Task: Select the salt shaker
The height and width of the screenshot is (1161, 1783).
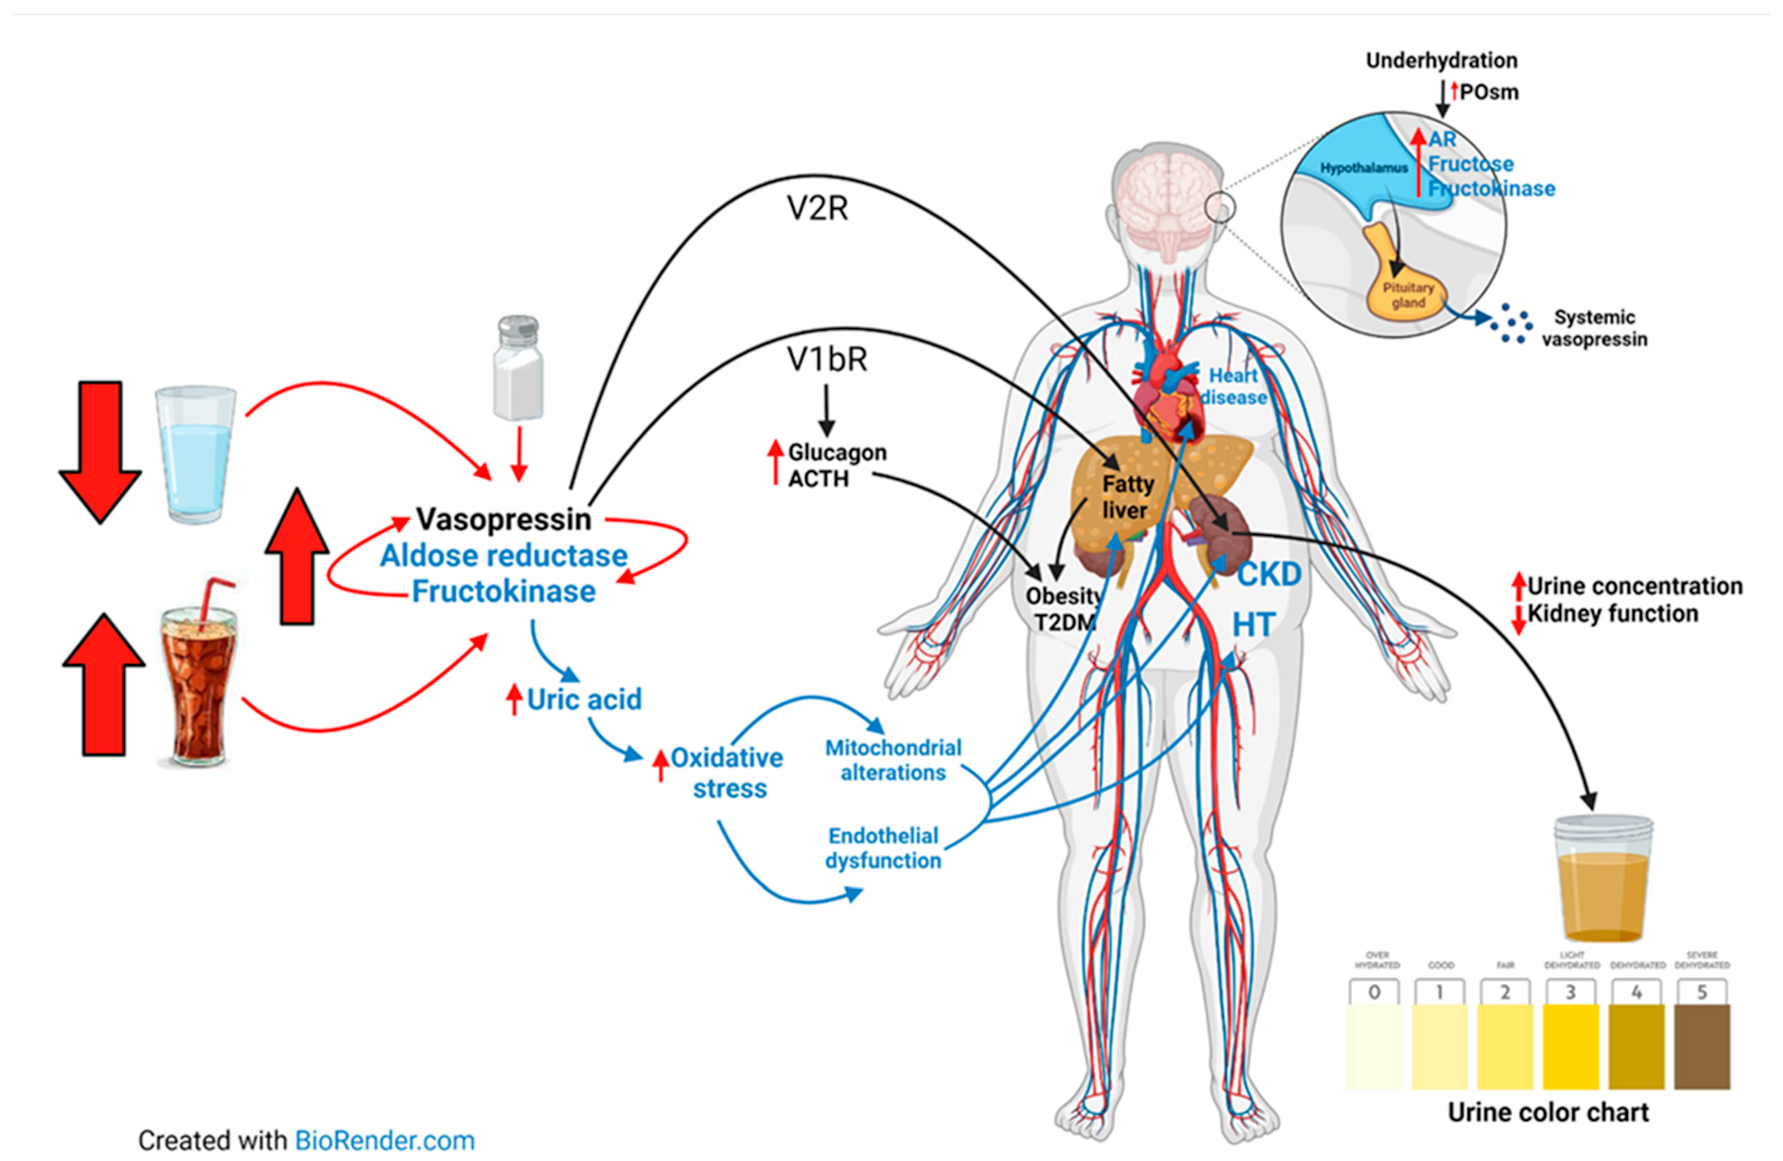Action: [x=518, y=370]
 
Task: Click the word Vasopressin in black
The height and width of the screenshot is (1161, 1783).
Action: [x=503, y=518]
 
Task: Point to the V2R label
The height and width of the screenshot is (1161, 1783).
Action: [x=817, y=209]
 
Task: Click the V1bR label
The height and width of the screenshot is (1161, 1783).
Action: [x=826, y=359]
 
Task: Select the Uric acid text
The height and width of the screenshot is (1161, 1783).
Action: [x=584, y=699]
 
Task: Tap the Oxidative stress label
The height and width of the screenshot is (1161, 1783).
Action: [x=728, y=773]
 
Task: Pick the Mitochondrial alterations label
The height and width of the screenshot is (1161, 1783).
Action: [x=892, y=760]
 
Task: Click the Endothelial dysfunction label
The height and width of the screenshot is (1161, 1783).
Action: [x=883, y=848]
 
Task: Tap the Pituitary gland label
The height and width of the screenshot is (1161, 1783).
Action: [x=1408, y=294]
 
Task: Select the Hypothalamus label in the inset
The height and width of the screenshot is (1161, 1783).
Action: [x=1363, y=168]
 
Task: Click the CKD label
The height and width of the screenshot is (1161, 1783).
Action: [x=1269, y=574]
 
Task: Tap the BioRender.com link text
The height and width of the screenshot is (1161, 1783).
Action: [x=384, y=1141]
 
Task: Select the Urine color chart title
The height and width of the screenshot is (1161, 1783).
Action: [x=1548, y=1112]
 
